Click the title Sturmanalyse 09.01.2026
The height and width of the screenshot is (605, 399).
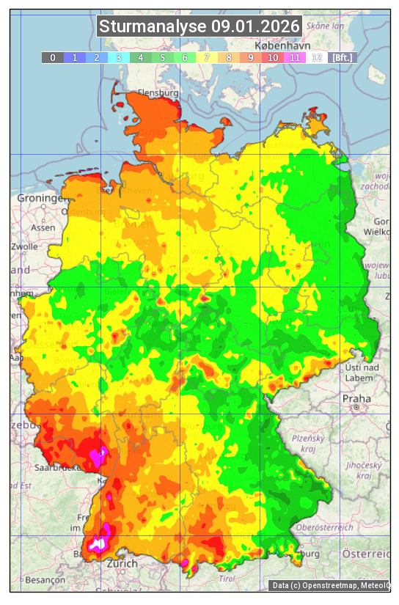[x=199, y=26]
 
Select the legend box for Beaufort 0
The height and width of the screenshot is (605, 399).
[x=52, y=57]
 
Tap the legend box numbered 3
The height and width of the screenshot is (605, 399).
[x=119, y=57]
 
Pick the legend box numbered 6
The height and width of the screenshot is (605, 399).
[x=185, y=57]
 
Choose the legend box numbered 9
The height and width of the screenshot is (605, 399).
[x=251, y=57]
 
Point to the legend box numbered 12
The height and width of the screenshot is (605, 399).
[x=317, y=57]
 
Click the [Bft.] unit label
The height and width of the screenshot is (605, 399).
[x=342, y=57]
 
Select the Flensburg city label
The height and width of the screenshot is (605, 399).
[x=158, y=94]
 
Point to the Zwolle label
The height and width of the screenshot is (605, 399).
[x=23, y=246]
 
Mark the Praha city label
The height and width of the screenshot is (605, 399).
[x=356, y=398]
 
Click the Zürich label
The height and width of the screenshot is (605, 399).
[x=122, y=563]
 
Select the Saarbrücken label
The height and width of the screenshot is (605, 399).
[x=57, y=467]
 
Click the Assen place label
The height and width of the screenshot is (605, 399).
[x=43, y=227]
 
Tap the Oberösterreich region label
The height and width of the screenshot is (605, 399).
[x=324, y=527]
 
